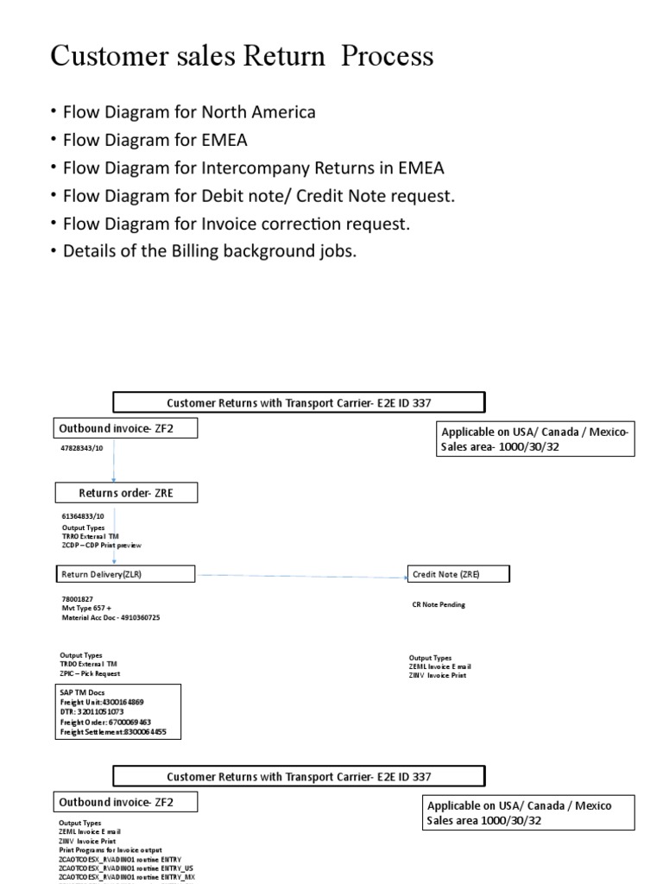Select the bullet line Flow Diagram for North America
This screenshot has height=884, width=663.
coord(187,112)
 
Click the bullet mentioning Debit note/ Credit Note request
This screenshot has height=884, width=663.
coord(256,196)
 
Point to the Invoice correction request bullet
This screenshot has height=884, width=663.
coord(234,224)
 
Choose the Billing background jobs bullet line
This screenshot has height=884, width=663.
coord(208,252)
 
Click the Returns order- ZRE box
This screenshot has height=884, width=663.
coord(126,493)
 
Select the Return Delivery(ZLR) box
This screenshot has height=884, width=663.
coord(126,574)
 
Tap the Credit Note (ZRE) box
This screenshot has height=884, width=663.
coord(458,574)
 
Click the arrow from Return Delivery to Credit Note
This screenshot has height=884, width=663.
coord(302,574)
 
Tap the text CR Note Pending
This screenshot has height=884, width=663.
coord(439,604)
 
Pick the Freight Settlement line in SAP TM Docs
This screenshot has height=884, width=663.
coord(114,732)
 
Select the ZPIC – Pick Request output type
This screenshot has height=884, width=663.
coord(91,673)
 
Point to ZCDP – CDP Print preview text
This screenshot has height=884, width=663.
coord(102,546)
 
